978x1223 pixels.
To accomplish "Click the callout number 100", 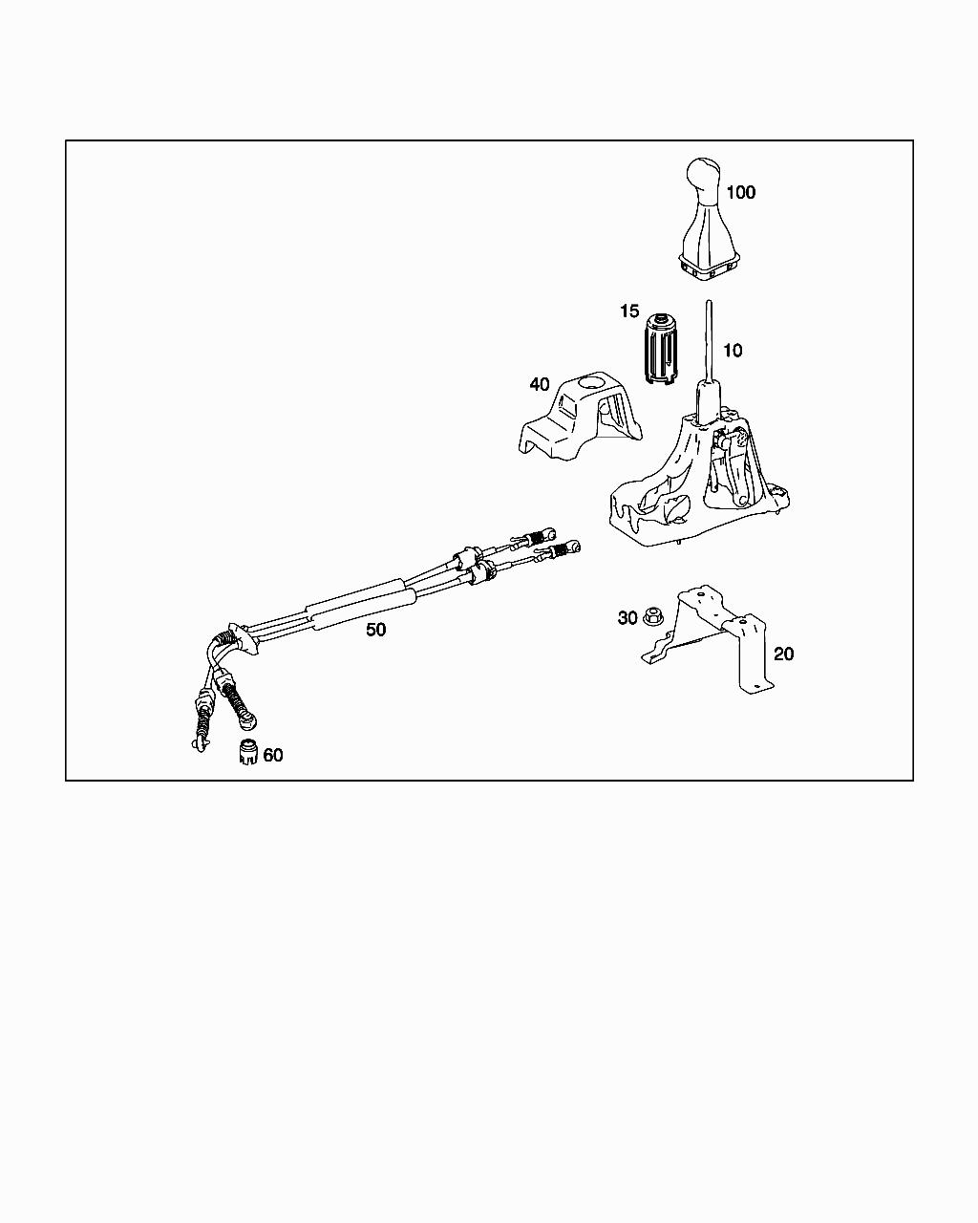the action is [x=740, y=192].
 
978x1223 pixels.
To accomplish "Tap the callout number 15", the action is [x=628, y=311].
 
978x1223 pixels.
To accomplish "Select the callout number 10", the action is [x=732, y=351].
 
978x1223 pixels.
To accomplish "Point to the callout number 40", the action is [x=540, y=384].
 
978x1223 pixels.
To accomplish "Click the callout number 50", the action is [x=376, y=631].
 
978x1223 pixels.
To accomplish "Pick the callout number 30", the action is [x=627, y=618].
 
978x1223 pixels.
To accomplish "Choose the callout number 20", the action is [x=783, y=654].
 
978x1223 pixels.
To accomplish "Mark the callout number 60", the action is [x=273, y=755].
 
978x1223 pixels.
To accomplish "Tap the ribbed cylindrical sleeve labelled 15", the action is [x=659, y=348].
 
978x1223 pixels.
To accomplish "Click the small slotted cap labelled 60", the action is [x=247, y=752].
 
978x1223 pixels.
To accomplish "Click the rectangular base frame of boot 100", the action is [x=709, y=269].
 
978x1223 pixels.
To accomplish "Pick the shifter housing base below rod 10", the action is [x=702, y=487].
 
